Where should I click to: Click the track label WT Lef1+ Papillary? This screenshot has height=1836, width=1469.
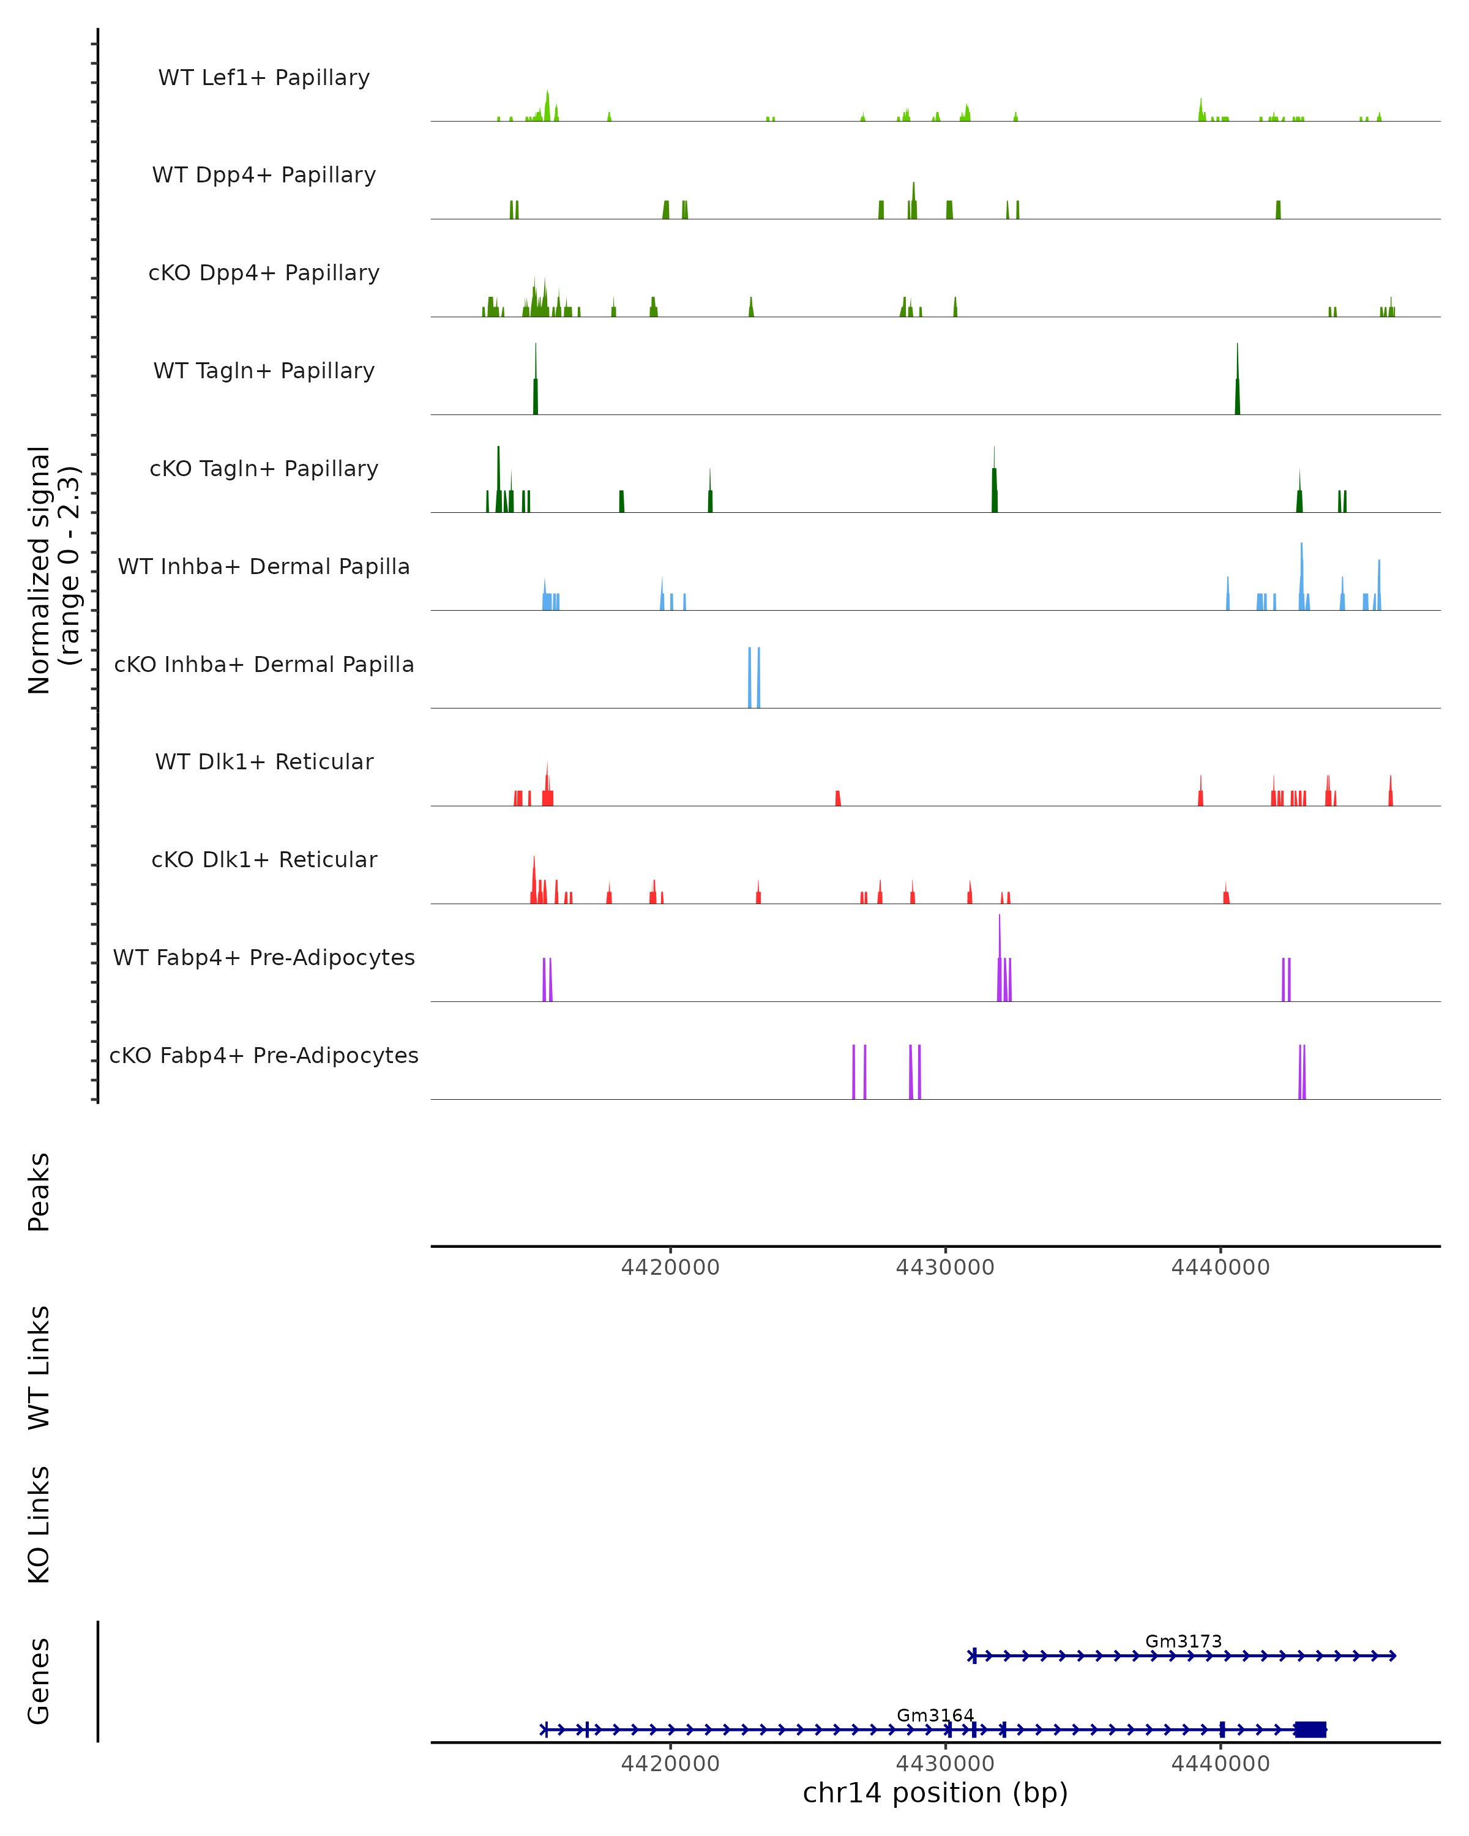point(264,78)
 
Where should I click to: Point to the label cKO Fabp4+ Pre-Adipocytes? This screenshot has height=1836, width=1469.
point(264,1055)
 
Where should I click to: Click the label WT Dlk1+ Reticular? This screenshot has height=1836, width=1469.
point(264,761)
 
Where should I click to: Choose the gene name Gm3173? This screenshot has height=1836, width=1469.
point(1183,1641)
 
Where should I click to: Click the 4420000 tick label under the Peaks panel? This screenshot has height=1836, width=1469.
point(670,1267)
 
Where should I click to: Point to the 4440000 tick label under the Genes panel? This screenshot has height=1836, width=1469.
point(1220,1764)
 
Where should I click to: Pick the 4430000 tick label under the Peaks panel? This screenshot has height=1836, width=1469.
point(945,1267)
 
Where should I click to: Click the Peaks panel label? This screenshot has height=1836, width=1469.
point(39,1192)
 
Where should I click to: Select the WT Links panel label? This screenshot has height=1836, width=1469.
point(39,1367)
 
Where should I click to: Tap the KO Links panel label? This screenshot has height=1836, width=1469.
point(39,1524)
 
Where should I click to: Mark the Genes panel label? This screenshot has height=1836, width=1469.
point(39,1681)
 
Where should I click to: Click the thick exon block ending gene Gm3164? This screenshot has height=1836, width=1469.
point(1310,1729)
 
